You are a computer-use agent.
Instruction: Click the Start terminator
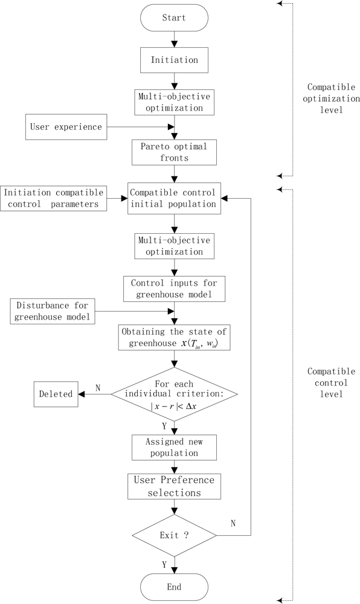coord(174,18)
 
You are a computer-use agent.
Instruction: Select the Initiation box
coord(174,60)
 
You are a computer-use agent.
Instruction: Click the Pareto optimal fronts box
coord(174,152)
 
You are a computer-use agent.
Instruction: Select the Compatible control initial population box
coord(174,198)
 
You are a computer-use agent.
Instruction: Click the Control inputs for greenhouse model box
coord(174,289)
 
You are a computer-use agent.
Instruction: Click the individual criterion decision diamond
coord(174,394)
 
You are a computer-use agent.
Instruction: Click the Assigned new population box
coord(174,447)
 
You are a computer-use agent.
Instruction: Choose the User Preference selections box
coord(174,486)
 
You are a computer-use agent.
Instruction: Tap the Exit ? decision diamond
coord(174,535)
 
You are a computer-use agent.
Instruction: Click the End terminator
coord(174,586)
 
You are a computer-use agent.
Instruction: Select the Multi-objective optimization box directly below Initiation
coord(174,101)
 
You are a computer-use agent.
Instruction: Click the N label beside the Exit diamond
coord(234,522)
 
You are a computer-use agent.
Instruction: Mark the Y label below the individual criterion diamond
coord(164,426)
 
